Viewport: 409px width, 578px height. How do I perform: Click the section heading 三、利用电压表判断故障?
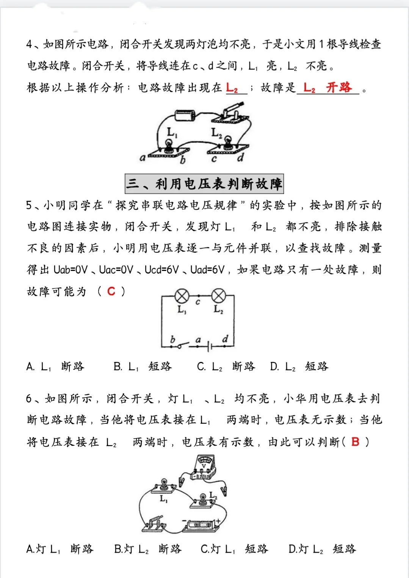tap(204, 184)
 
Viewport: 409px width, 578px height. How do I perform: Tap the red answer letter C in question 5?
tap(111, 291)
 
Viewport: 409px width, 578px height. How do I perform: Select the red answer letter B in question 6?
tap(355, 442)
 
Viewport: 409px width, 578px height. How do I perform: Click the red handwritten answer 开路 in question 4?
tap(339, 88)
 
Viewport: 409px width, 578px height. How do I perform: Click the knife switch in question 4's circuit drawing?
tap(228, 114)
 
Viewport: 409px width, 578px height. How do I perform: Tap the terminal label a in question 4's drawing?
tap(143, 158)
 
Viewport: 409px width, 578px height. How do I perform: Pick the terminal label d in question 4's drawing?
tap(240, 158)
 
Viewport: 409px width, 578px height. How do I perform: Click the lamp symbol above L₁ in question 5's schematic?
tap(182, 296)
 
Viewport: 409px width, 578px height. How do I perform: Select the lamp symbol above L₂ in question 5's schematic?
tap(218, 296)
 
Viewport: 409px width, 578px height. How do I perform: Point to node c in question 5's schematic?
tap(198, 301)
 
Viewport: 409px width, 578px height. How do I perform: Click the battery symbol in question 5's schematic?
tap(209, 346)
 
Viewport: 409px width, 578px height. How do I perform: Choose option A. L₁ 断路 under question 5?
tap(55, 367)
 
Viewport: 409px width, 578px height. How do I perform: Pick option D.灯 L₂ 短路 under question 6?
tap(322, 549)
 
